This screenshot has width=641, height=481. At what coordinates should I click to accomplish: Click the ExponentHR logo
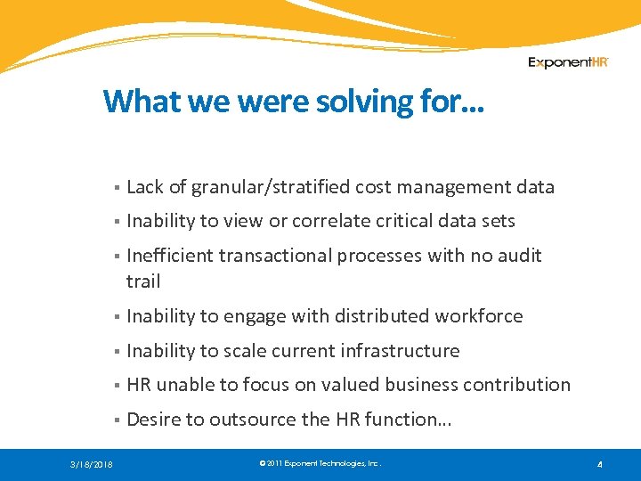(x=568, y=62)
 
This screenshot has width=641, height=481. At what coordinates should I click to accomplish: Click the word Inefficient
(x=169, y=256)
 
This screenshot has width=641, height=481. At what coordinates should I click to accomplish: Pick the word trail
(x=143, y=281)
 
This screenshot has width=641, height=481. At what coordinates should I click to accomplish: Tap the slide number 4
(x=600, y=464)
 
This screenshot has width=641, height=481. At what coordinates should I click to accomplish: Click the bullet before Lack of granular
(x=117, y=188)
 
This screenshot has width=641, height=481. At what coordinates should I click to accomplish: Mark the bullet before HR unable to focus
(x=117, y=386)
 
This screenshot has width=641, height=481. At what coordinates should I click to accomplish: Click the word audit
(x=520, y=256)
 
